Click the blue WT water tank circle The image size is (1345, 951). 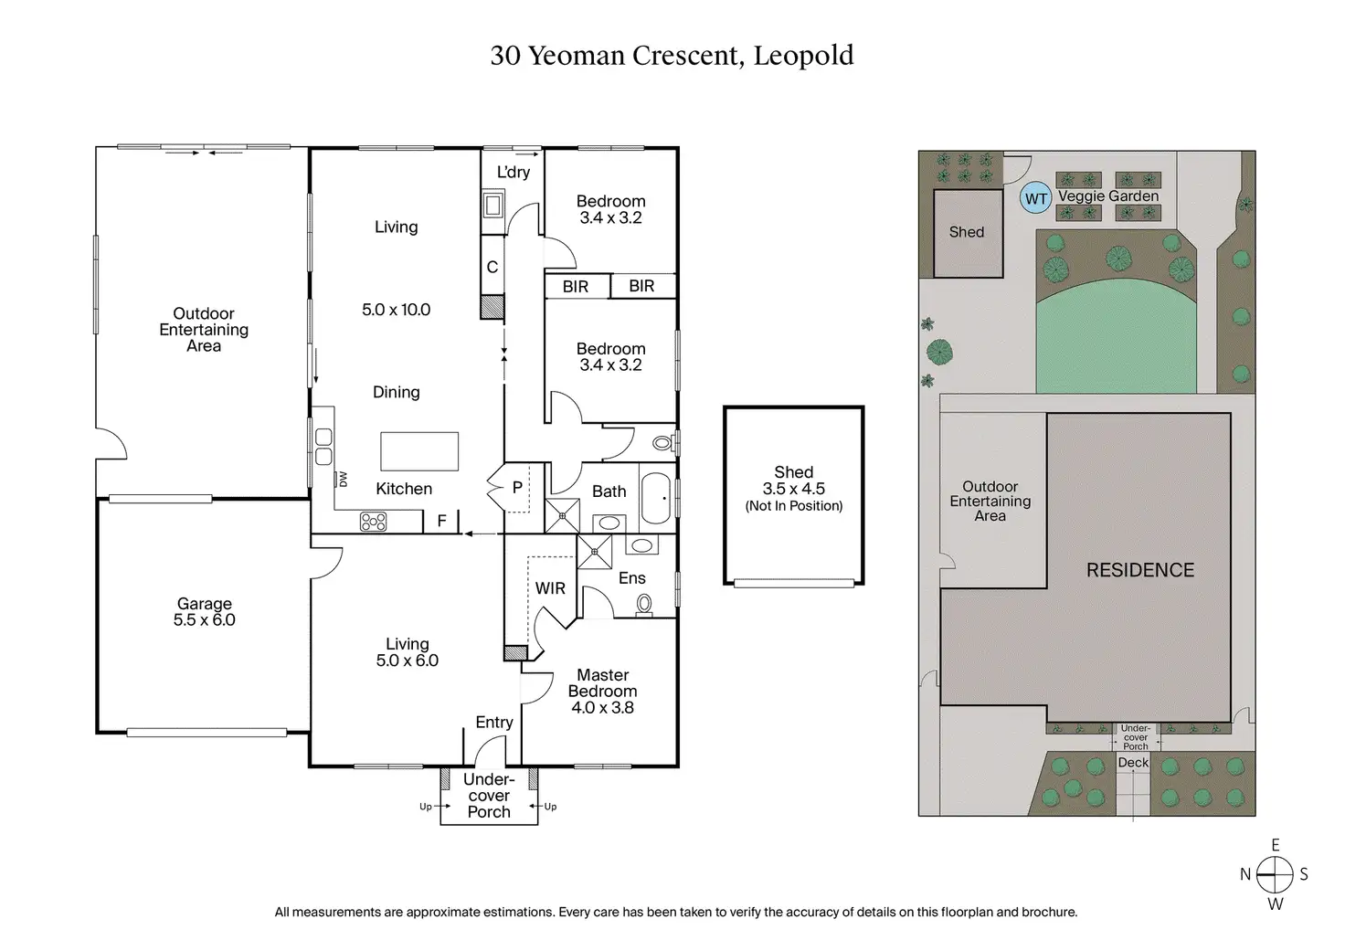(x=1035, y=198)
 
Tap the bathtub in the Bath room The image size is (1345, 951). (x=657, y=498)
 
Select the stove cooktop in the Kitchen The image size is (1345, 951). (x=373, y=522)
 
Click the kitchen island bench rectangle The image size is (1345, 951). (x=419, y=451)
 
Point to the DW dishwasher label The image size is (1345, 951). (x=344, y=479)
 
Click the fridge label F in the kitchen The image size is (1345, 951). (x=441, y=521)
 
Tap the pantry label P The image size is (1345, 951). (x=516, y=488)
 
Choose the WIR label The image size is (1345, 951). (x=550, y=588)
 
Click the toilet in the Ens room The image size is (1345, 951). (x=644, y=604)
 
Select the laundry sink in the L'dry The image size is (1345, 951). (x=492, y=204)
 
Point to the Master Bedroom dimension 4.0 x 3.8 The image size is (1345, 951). (x=602, y=707)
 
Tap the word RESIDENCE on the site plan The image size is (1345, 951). (x=1139, y=570)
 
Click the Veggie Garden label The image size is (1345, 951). (x=1108, y=196)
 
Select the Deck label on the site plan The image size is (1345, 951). (x=1133, y=762)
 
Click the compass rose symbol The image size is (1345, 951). (x=1274, y=874)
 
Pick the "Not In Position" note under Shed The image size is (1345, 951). (x=794, y=506)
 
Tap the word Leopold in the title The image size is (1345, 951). (x=803, y=56)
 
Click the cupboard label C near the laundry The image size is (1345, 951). (x=492, y=267)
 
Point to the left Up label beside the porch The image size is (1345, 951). (x=426, y=807)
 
